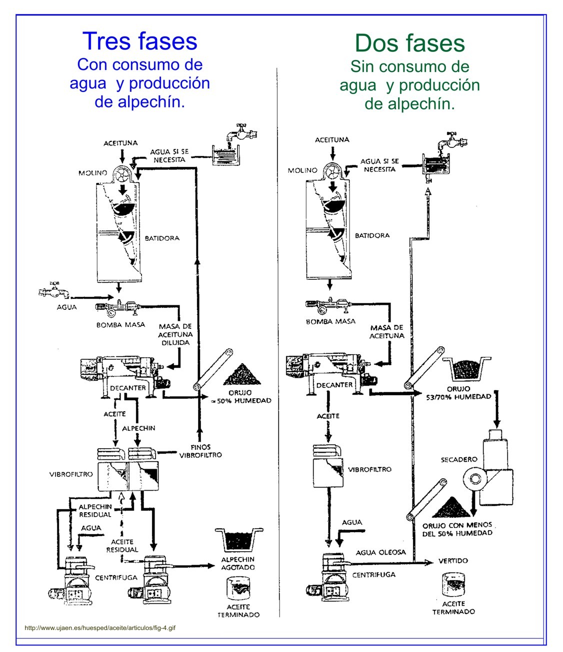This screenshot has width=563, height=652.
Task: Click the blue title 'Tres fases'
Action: pos(139,41)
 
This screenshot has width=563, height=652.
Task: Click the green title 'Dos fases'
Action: pos(409,43)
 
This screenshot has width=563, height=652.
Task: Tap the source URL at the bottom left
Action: pos(100,628)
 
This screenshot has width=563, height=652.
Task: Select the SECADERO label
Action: pos(459,459)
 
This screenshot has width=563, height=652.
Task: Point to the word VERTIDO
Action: pos(453,561)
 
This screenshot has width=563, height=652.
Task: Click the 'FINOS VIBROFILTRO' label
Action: pos(200,451)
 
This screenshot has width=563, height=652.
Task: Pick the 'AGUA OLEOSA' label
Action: pos(381,552)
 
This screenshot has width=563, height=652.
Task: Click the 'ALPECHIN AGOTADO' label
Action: pos(238,563)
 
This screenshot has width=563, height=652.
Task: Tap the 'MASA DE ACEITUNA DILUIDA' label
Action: pos(175,334)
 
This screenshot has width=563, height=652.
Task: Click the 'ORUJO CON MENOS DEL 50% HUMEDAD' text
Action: pos(457,529)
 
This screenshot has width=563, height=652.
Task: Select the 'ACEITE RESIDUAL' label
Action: pos(122,546)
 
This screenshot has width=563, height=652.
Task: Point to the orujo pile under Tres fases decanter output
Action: pos(241,374)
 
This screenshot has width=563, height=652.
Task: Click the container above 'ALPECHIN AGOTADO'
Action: pos(238,540)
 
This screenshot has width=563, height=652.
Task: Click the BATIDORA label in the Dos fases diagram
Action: pos(372,235)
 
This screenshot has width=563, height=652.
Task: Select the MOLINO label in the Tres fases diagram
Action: pos(92,173)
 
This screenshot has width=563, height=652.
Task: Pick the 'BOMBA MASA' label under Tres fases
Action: pos(120,325)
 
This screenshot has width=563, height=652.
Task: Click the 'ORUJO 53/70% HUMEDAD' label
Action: pos(458,393)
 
